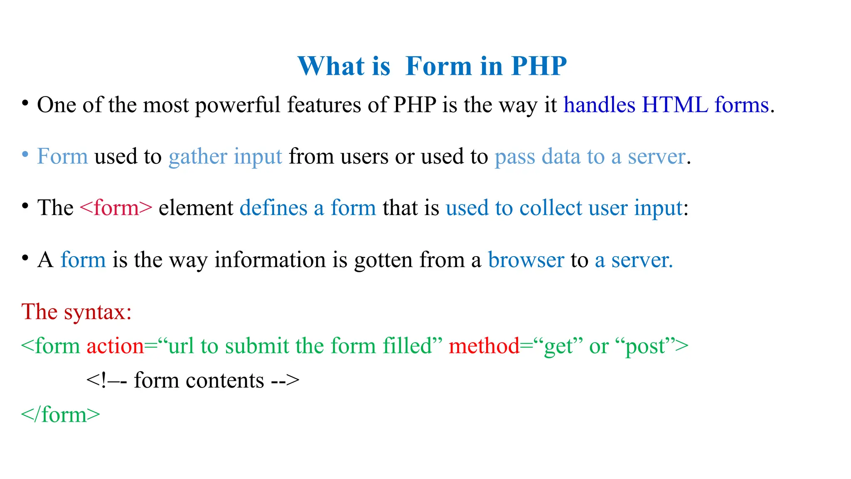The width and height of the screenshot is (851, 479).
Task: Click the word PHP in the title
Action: click(x=539, y=66)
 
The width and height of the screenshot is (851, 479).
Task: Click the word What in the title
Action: click(x=331, y=66)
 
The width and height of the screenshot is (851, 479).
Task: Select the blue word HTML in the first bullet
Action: click(x=675, y=105)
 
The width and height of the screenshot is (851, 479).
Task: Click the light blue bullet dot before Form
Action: click(x=25, y=155)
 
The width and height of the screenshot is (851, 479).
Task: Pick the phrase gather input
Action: click(x=225, y=157)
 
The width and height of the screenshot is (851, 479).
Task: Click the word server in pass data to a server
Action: click(x=656, y=157)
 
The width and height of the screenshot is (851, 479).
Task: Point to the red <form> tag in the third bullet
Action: click(x=116, y=208)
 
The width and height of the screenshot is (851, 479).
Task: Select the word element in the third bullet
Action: click(x=196, y=208)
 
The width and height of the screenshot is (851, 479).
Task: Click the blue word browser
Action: click(x=526, y=260)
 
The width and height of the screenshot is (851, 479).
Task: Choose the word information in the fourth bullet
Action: click(x=270, y=260)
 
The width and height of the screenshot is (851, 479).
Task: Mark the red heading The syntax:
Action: click(x=76, y=311)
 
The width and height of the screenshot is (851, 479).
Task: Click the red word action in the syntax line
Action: click(x=115, y=346)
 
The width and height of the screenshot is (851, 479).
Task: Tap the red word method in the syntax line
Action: click(x=484, y=346)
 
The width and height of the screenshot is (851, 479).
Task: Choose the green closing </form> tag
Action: click(x=61, y=415)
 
